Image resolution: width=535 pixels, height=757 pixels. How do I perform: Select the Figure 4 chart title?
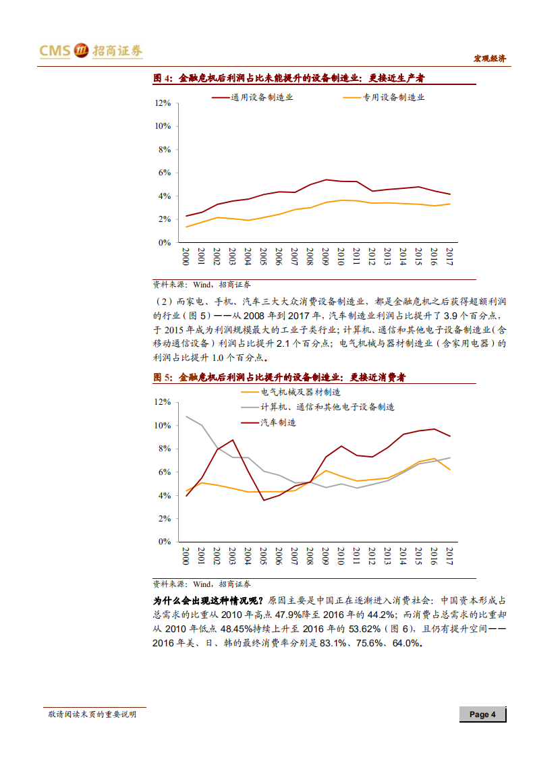click(x=288, y=79)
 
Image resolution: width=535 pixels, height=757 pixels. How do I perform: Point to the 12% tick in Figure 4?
click(x=163, y=103)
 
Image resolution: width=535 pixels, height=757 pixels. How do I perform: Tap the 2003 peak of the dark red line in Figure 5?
click(x=233, y=440)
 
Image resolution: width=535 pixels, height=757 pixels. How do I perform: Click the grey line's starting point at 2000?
click(x=186, y=416)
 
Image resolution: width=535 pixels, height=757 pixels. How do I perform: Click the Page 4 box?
click(x=482, y=714)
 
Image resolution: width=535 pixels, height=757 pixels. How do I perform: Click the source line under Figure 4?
click(x=201, y=285)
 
